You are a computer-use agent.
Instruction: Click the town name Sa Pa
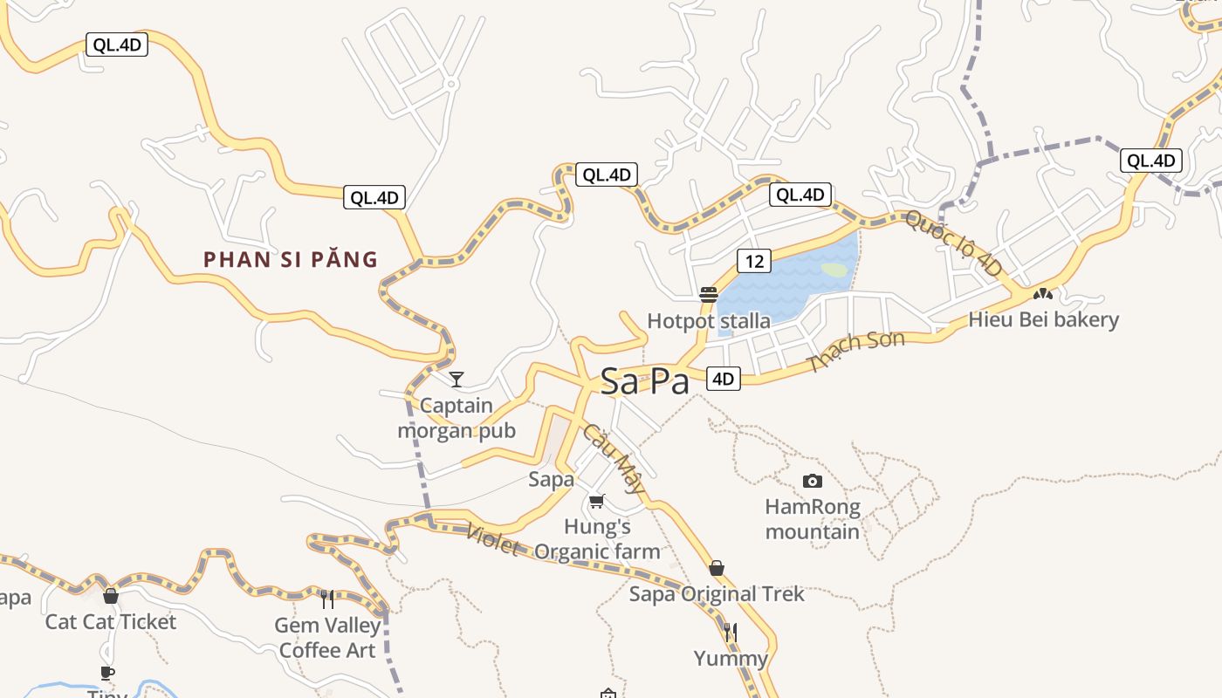(644, 382)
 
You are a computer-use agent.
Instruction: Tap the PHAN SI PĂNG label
(291, 259)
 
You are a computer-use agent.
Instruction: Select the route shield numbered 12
(755, 260)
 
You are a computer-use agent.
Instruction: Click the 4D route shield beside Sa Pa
(724, 379)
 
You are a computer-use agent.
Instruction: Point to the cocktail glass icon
(456, 379)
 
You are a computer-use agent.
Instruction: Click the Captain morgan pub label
(457, 418)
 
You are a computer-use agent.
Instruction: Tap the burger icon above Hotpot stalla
(709, 295)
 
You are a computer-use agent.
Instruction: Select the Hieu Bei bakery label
(1043, 319)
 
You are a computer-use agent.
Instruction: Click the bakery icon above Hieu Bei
(1042, 294)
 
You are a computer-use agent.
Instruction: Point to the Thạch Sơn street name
(855, 351)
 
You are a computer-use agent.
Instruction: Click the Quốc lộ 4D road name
(954, 243)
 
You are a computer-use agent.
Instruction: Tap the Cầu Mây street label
(613, 458)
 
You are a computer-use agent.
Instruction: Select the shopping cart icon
(597, 501)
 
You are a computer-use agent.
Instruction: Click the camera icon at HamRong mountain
(812, 481)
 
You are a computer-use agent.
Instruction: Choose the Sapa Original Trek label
(717, 594)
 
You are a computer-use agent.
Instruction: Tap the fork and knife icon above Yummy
(731, 632)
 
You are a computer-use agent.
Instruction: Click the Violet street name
(493, 539)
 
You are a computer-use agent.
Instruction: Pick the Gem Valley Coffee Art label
(327, 638)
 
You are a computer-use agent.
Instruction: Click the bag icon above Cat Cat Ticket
(111, 596)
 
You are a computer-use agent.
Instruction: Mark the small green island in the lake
(834, 270)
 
